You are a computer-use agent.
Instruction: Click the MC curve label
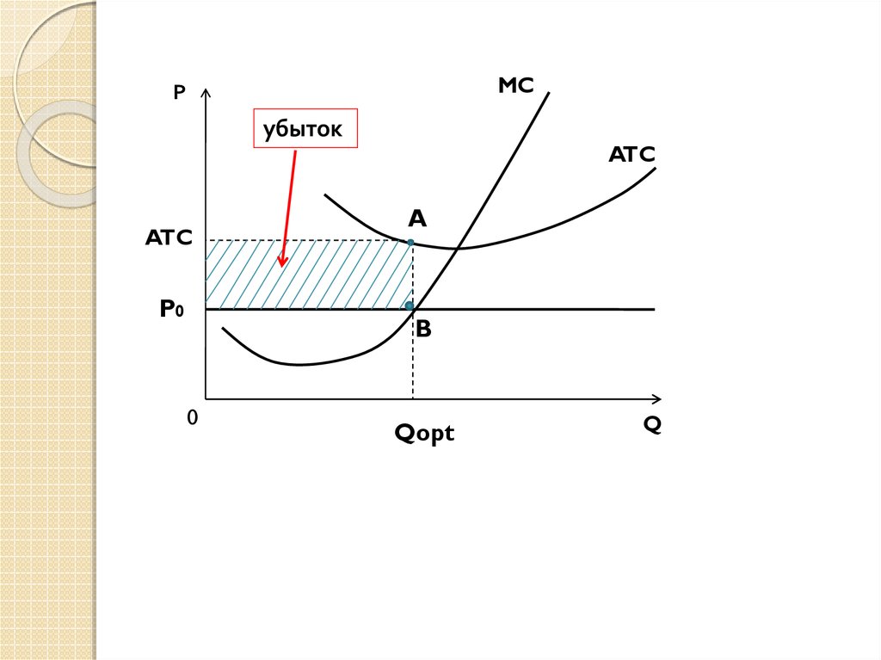tap(515, 85)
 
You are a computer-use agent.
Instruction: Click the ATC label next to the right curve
tap(631, 155)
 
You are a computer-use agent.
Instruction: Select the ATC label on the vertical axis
tap(169, 238)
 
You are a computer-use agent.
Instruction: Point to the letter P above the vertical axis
tap(179, 93)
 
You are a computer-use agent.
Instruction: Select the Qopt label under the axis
tap(424, 434)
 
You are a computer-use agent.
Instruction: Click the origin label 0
tap(192, 418)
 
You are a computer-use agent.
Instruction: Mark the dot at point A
tap(411, 243)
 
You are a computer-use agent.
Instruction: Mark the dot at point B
tap(410, 305)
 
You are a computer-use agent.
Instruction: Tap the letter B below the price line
tap(423, 329)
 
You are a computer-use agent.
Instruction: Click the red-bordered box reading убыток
tap(305, 130)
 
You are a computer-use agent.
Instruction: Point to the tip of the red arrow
tap(280, 265)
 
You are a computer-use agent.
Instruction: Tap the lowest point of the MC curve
tap(297, 365)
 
